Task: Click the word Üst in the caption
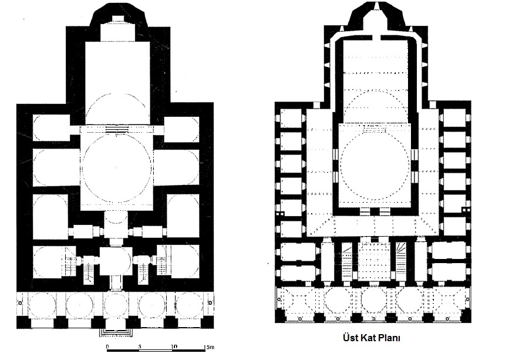pos(350,338)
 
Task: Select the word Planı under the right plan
pos(388,338)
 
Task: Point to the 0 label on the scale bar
pos(107,346)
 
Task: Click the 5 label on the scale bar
pos(140,346)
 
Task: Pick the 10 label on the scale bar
pos(174,346)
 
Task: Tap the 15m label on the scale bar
pos(209,347)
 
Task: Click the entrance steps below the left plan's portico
pos(116,332)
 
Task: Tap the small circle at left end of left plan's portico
pos(20,302)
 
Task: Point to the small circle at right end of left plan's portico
pos(210,303)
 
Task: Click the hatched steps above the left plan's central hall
pos(117,130)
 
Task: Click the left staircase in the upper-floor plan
pos(348,262)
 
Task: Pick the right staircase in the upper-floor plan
pos(402,262)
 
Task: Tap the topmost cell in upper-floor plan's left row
pos(291,119)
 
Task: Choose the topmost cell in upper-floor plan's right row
pos(454,118)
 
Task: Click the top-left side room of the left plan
pos(51,127)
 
